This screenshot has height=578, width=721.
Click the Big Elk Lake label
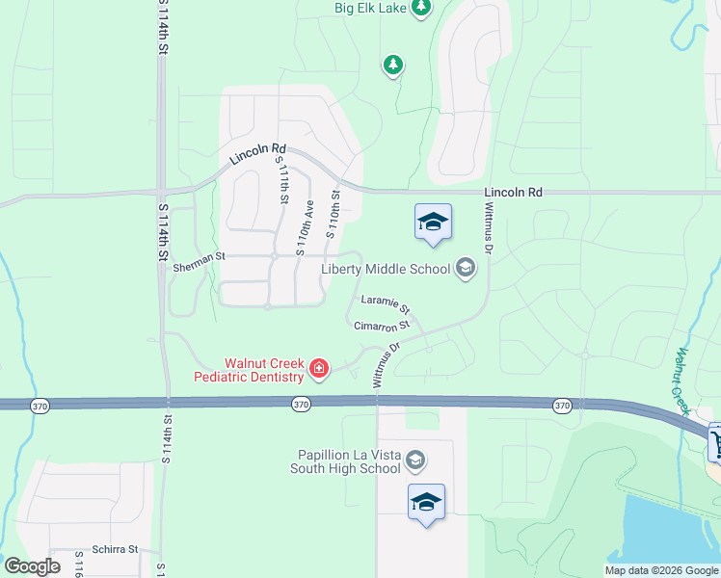tap(370, 8)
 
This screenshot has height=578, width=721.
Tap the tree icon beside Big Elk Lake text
tap(420, 9)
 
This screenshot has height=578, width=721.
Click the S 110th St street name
tap(334, 214)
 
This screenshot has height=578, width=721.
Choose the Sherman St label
tap(199, 257)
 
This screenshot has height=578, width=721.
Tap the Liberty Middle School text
tap(399, 269)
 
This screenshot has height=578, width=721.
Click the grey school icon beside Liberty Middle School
tap(467, 268)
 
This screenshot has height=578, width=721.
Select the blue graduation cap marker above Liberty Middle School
tap(433, 223)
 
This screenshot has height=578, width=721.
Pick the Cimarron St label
tap(382, 326)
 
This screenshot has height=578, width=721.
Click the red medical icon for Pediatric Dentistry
tap(318, 368)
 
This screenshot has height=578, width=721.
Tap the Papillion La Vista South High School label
tap(346, 461)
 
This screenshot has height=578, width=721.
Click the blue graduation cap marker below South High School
tap(426, 502)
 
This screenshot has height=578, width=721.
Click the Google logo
tap(32, 566)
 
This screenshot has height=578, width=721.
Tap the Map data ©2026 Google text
tap(660, 570)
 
